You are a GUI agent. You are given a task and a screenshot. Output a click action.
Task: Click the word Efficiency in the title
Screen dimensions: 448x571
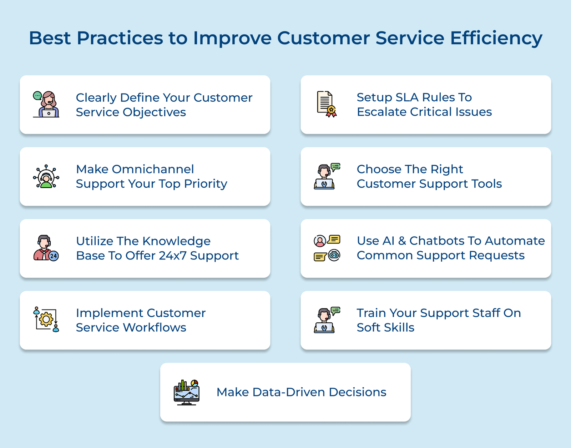pos(496,38)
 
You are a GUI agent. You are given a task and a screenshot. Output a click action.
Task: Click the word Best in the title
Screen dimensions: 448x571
pos(50,38)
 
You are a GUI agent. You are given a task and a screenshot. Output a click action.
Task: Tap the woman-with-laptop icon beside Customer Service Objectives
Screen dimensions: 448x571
pos(46,104)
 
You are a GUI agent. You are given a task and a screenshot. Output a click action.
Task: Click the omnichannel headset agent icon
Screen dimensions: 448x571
pos(46,176)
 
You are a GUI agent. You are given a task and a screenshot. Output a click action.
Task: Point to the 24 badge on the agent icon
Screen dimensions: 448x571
pos(54,256)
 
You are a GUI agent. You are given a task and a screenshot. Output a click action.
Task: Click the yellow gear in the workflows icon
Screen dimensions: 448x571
pos(46,319)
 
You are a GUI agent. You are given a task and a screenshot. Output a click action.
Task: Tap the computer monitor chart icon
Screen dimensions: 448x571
pos(186,392)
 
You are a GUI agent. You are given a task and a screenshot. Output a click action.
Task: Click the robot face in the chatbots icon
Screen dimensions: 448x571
pos(334,255)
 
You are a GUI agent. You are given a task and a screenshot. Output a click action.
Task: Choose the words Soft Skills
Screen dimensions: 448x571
pos(385,327)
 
